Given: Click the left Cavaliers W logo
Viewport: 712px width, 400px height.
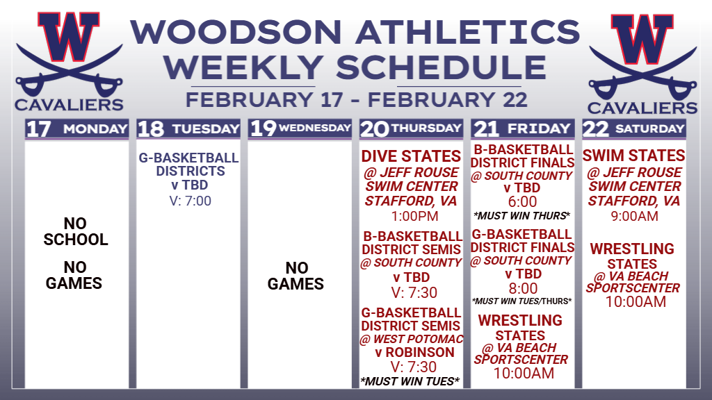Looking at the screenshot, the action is (x=69, y=61).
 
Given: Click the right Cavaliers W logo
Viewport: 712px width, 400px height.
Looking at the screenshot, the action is (x=642, y=63).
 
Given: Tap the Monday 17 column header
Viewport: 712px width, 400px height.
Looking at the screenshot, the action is (x=76, y=128).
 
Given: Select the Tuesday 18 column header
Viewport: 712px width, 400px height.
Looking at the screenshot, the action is (x=188, y=128).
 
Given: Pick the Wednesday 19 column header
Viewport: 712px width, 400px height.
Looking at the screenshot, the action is (x=300, y=128).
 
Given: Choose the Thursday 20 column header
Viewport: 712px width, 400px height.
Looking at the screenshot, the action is (x=412, y=128).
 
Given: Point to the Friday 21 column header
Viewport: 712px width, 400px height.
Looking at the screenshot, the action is (x=523, y=128).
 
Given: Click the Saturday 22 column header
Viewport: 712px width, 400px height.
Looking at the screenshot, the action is (x=634, y=128).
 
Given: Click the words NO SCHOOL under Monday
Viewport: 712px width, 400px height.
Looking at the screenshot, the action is (x=75, y=231).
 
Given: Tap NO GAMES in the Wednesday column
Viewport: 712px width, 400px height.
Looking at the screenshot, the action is (x=296, y=276).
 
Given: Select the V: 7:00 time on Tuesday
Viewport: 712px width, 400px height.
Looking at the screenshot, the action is (x=191, y=201).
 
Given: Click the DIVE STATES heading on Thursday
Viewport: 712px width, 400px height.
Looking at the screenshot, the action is (x=411, y=156).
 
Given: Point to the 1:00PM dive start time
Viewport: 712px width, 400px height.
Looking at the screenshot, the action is (x=414, y=216).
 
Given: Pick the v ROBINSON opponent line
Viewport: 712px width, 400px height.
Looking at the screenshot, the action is (x=414, y=352).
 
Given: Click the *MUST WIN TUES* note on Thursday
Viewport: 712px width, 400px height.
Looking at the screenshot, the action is (x=410, y=381).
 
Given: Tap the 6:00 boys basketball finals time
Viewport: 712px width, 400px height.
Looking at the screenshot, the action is (x=523, y=201).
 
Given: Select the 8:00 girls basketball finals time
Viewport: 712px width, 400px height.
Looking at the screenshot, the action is (x=523, y=288).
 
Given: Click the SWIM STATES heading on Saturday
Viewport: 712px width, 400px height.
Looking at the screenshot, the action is (x=634, y=156).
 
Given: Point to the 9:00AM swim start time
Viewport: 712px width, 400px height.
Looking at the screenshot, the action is (x=634, y=216).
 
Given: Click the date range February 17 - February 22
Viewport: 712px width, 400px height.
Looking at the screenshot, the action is (x=357, y=100).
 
